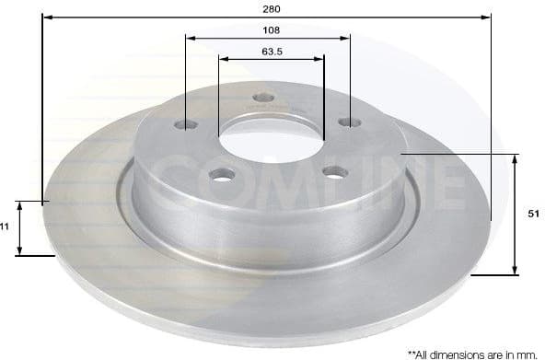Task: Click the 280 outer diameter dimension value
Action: pyautogui.click(x=271, y=7)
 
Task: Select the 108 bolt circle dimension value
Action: pyautogui.click(x=271, y=29)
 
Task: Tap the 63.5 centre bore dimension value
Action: pyautogui.click(x=271, y=52)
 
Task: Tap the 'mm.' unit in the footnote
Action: pyautogui.click(x=528, y=353)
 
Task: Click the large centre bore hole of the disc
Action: pyautogui.click(x=271, y=141)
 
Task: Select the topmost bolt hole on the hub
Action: pyautogui.click(x=263, y=98)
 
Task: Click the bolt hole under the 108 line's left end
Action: pyautogui.click(x=187, y=124)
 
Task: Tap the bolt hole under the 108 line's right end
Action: pyautogui.click(x=349, y=122)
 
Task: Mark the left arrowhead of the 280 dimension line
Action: pyautogui.click(x=46, y=17)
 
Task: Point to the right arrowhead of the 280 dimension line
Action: pyautogui.click(x=487, y=17)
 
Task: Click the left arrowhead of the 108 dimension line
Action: pyautogui.click(x=190, y=38)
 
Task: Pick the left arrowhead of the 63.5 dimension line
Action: pyautogui.click(x=222, y=59)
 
